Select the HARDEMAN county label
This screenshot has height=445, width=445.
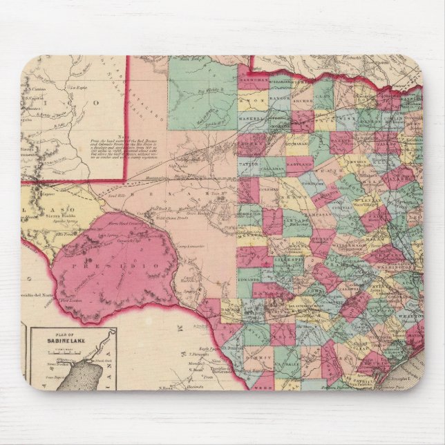coord(253,82)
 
